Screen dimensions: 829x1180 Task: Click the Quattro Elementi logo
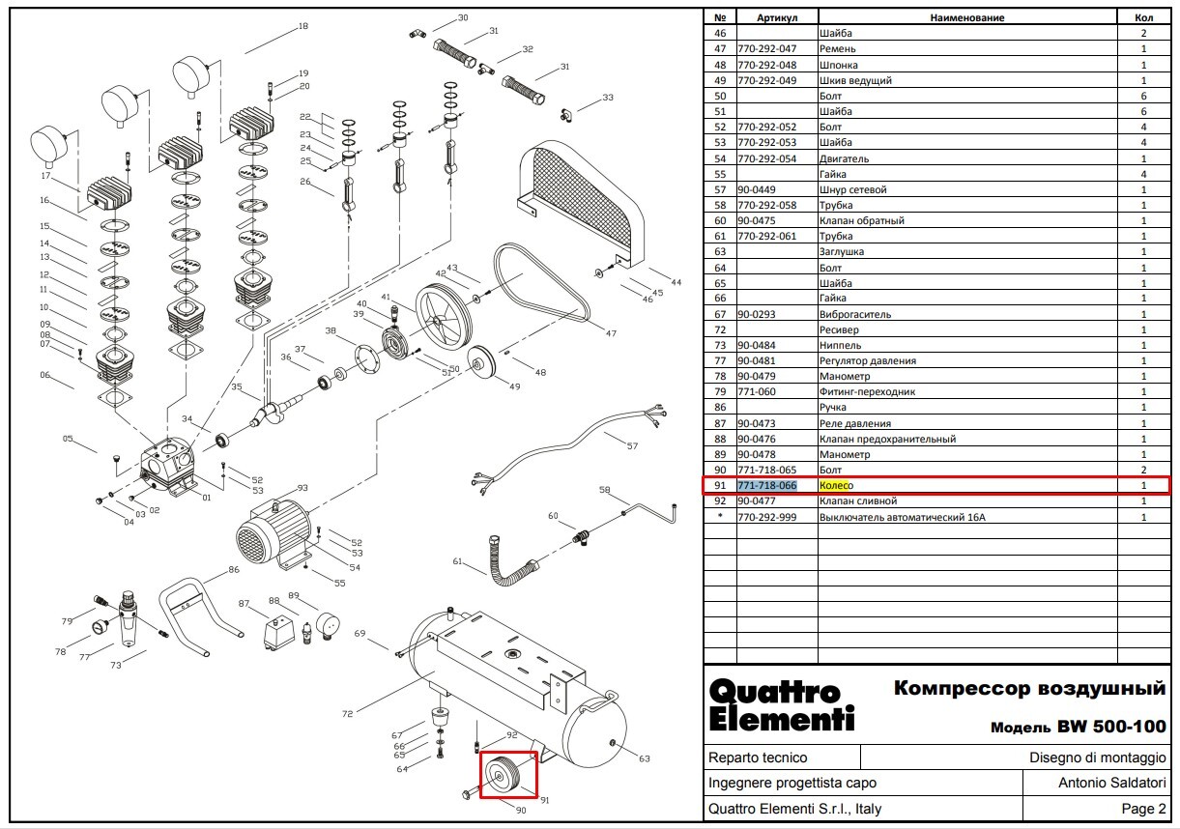[781, 705]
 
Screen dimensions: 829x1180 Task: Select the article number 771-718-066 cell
[767, 485]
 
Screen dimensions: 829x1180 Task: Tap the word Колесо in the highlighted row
[837, 485]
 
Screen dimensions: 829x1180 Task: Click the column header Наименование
[966, 17]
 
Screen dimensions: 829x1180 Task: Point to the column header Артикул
[777, 17]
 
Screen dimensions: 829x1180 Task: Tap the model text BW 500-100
[1111, 727]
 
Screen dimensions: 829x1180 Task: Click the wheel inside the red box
[503, 775]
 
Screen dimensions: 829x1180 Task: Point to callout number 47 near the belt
[611, 333]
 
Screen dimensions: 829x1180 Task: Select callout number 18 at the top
[303, 26]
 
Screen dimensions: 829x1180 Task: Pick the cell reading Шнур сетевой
[852, 190]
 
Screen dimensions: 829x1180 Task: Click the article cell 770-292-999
[767, 517]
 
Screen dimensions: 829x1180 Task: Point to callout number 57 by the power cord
[633, 446]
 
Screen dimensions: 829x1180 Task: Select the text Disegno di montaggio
[1098, 758]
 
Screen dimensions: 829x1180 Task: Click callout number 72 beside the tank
[347, 714]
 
